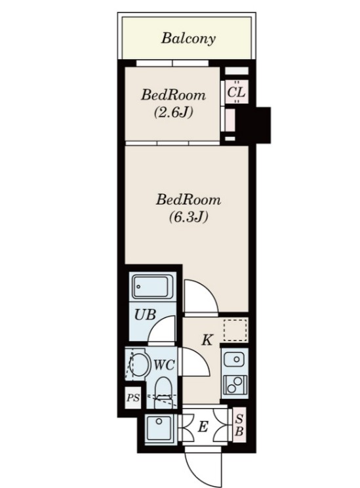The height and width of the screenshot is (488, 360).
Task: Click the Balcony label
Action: (x=188, y=39)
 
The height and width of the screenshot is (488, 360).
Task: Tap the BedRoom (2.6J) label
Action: (x=173, y=103)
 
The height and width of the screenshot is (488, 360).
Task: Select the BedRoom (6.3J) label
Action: (x=188, y=207)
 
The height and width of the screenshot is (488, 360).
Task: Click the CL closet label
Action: (x=236, y=92)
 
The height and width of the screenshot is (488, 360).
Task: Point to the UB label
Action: (x=145, y=315)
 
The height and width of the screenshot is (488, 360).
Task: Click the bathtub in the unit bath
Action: (x=153, y=287)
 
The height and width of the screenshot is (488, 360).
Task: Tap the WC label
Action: (x=165, y=365)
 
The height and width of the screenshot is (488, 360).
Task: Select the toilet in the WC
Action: (x=163, y=392)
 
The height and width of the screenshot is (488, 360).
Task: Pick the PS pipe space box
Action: (x=133, y=397)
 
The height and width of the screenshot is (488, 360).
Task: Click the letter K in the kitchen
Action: (x=207, y=340)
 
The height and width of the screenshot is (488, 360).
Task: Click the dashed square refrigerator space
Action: (x=235, y=329)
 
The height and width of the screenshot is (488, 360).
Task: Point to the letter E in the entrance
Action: (x=203, y=426)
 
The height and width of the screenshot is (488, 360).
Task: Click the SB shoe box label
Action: (x=239, y=425)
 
